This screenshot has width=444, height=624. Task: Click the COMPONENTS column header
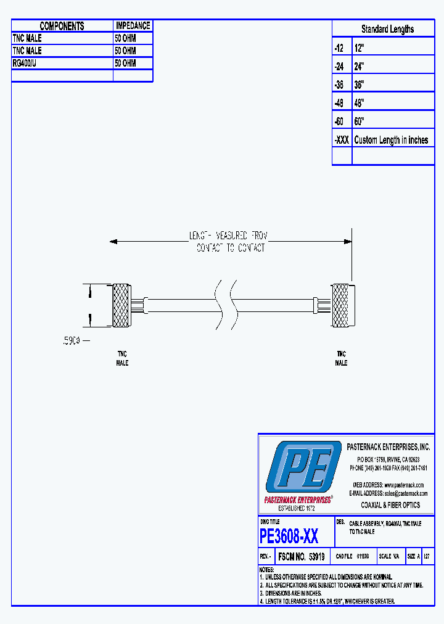62,26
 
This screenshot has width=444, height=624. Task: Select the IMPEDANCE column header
133,26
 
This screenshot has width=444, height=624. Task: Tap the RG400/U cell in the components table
62,63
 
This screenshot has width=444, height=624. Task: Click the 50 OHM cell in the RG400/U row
133,63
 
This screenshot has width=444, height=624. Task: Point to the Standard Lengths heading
387,29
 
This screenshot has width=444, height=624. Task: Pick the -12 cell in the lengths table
342,47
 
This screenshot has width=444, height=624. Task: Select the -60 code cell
342,121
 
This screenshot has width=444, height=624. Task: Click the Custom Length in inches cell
392,140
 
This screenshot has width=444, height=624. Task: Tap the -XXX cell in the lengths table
342,140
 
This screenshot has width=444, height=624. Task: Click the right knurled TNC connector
340,305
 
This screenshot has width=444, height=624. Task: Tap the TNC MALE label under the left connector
122,358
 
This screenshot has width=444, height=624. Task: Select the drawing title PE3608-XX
289,536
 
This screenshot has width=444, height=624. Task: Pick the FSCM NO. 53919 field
301,556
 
